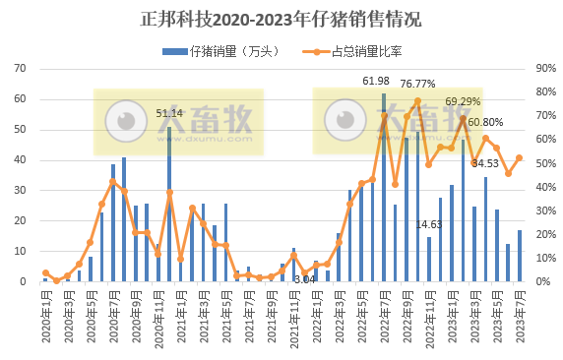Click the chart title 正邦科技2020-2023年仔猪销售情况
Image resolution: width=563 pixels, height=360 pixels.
pyautogui.click(x=281, y=19)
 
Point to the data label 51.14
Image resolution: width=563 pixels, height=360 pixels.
pyautogui.click(x=169, y=113)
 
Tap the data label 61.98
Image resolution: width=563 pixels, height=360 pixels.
pyautogui.click(x=376, y=81)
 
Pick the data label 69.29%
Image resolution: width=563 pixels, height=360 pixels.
pyautogui.click(x=463, y=101)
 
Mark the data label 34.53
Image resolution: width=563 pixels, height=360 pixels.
pyautogui.click(x=485, y=163)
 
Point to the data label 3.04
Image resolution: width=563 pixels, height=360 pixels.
pyautogui.click(x=305, y=280)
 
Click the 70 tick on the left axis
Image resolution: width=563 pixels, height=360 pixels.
pyautogui.click(x=20, y=69)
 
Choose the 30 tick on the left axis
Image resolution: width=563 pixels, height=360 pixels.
pyautogui.click(x=20, y=191)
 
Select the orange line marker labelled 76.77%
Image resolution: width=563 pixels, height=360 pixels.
pyautogui.click(x=417, y=100)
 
